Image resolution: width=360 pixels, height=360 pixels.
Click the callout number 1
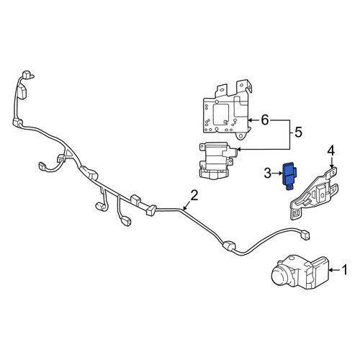[x=344, y=270]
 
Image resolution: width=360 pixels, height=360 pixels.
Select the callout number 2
[x=194, y=196]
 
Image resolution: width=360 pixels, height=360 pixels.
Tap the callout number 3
[x=268, y=173]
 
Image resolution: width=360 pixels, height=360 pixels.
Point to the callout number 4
[x=331, y=151]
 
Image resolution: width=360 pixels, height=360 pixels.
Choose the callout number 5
[x=298, y=132]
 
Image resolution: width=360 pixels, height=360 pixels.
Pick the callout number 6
[x=264, y=120]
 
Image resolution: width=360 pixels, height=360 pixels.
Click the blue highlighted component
[x=289, y=176]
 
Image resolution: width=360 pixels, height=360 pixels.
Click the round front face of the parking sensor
[x=280, y=276]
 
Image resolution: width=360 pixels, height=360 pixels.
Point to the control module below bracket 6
[x=216, y=160]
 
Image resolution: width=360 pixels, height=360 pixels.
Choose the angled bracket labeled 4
[x=314, y=193]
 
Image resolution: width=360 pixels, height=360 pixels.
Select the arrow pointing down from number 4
[x=331, y=163]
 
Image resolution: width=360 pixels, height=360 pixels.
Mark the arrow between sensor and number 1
[x=335, y=270]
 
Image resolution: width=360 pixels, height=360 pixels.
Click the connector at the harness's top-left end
[x=27, y=74]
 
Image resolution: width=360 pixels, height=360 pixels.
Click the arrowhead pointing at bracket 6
[x=249, y=120]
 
